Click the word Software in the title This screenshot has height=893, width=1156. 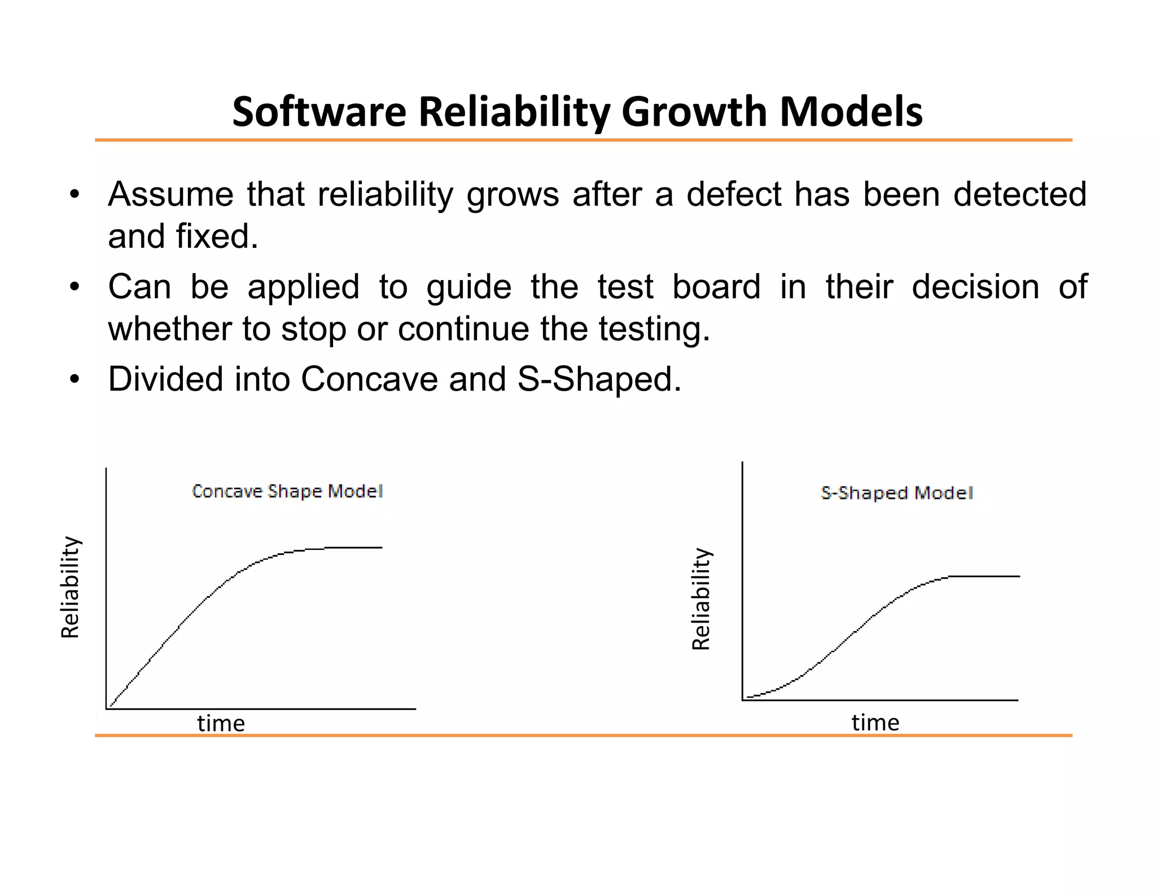click(x=319, y=112)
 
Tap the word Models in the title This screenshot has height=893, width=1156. click(x=851, y=112)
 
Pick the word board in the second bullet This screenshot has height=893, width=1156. click(x=716, y=287)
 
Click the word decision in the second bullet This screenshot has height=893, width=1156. click(x=975, y=287)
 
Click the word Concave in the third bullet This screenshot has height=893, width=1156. click(x=369, y=379)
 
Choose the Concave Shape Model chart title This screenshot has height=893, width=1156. click(x=287, y=491)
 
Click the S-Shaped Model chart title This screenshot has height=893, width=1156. click(x=897, y=493)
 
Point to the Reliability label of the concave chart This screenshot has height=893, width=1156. click(x=71, y=587)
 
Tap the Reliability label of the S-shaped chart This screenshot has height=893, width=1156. click(x=701, y=599)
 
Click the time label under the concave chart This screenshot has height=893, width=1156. click(x=221, y=723)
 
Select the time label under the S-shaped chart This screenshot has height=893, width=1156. click(x=875, y=722)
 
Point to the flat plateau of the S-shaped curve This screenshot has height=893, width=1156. click(x=985, y=576)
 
